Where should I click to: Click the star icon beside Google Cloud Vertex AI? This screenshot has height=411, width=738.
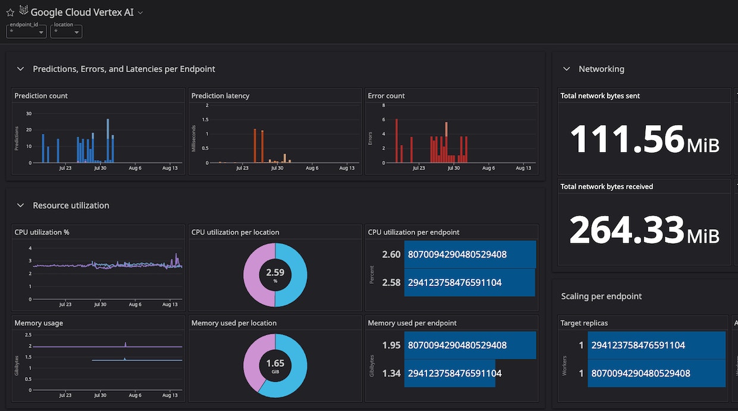click(x=10, y=12)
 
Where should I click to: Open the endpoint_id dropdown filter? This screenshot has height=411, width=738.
click(x=26, y=31)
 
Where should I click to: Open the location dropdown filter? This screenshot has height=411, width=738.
click(x=66, y=31)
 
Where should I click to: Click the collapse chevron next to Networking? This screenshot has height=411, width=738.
click(x=567, y=69)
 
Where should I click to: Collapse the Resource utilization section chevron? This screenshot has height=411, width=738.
click(x=21, y=205)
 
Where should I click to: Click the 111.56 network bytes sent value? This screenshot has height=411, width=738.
click(x=627, y=139)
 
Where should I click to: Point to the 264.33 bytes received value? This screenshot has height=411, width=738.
click(x=627, y=230)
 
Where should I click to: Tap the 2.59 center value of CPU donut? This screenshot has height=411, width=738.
click(x=275, y=272)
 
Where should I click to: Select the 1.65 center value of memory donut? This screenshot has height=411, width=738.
click(x=275, y=363)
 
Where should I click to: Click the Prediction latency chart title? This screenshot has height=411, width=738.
click(x=221, y=96)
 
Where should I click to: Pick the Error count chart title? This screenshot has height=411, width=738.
click(x=386, y=96)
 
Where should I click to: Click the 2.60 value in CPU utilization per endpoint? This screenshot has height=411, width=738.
click(x=391, y=255)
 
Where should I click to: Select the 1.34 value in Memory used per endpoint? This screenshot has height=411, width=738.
click(x=391, y=374)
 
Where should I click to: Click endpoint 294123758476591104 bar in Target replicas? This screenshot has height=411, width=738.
click(x=656, y=345)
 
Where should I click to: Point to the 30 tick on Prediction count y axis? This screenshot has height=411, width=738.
click(x=28, y=113)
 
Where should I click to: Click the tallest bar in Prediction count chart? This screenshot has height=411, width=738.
click(x=108, y=140)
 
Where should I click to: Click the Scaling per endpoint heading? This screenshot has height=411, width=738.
click(x=601, y=296)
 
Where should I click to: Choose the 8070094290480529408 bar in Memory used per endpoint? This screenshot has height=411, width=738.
click(x=470, y=345)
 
